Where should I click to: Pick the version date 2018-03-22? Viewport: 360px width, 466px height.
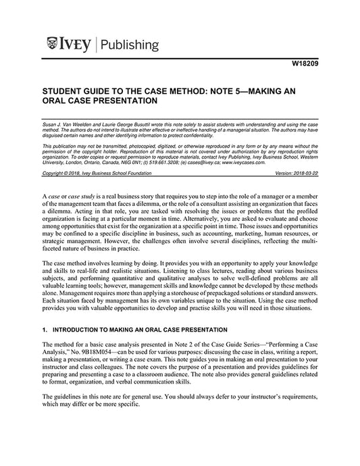(303, 173)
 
